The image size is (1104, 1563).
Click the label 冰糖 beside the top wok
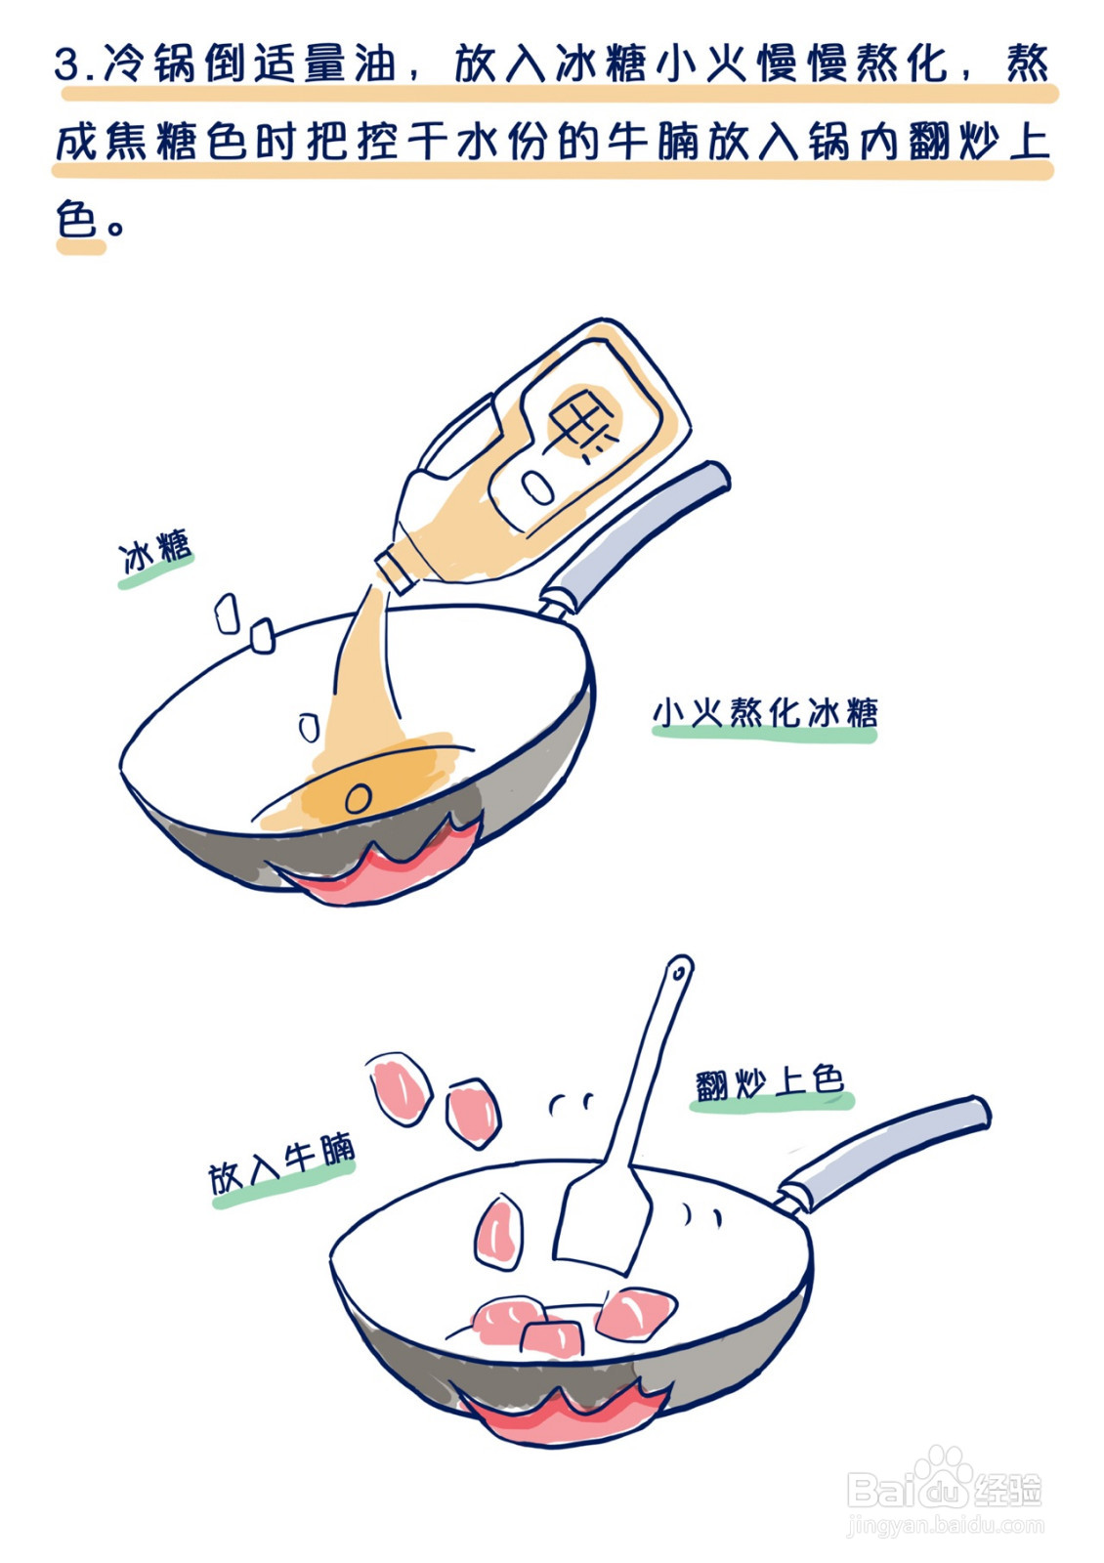(155, 555)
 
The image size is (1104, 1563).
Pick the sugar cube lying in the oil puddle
(359, 798)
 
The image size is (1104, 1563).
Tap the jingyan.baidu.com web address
(945, 1525)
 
